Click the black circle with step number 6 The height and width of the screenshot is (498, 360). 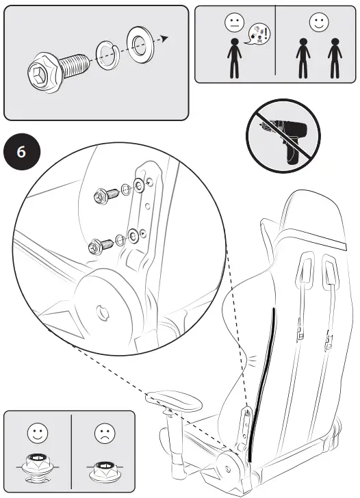[21, 151]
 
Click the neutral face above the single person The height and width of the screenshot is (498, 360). [234, 23]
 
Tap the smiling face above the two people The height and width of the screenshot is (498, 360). [318, 23]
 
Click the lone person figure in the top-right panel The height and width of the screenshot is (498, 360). [234, 58]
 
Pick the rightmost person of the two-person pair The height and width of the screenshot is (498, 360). [334, 58]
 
